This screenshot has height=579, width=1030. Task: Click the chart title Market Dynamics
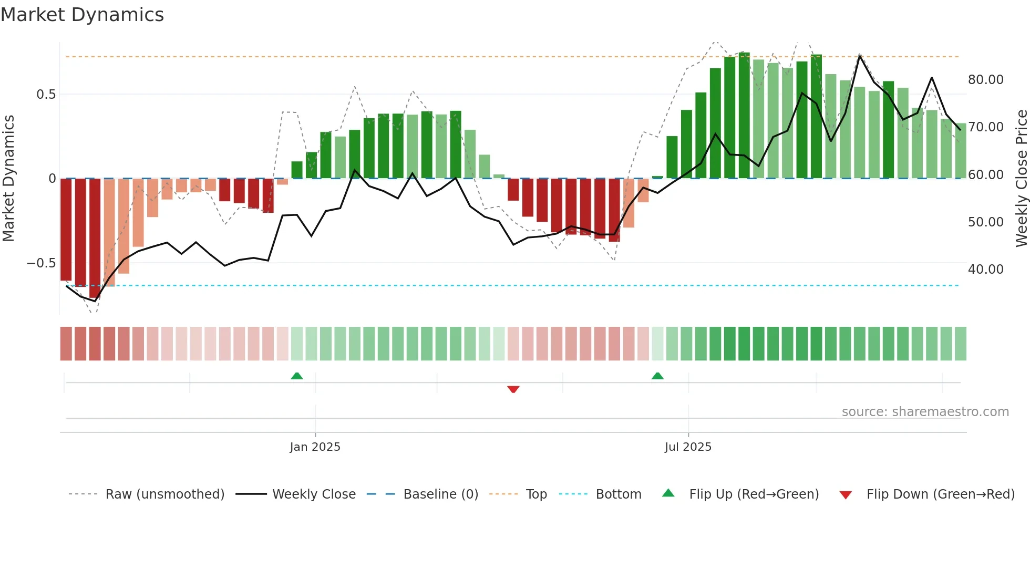pos(82,15)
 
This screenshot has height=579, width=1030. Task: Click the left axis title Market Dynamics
pos(8,178)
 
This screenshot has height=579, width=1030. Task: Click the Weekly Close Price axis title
pos(1021,178)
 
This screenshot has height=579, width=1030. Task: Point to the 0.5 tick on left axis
pos(46,95)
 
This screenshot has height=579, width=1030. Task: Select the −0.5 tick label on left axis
pos(42,263)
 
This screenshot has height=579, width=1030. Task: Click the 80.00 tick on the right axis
pos(985,80)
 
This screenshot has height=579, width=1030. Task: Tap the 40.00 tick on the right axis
pos(985,270)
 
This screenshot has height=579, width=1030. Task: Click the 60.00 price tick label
pos(985,175)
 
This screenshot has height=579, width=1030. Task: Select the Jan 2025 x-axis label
pos(315,447)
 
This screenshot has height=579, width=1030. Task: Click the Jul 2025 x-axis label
pos(687,447)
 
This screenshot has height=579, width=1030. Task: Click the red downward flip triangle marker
pos(513,389)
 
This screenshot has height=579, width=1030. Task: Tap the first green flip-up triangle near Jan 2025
pos(297,376)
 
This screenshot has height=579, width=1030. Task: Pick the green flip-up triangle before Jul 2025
pos(657,376)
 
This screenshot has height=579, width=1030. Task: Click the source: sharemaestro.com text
pos(925,412)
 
